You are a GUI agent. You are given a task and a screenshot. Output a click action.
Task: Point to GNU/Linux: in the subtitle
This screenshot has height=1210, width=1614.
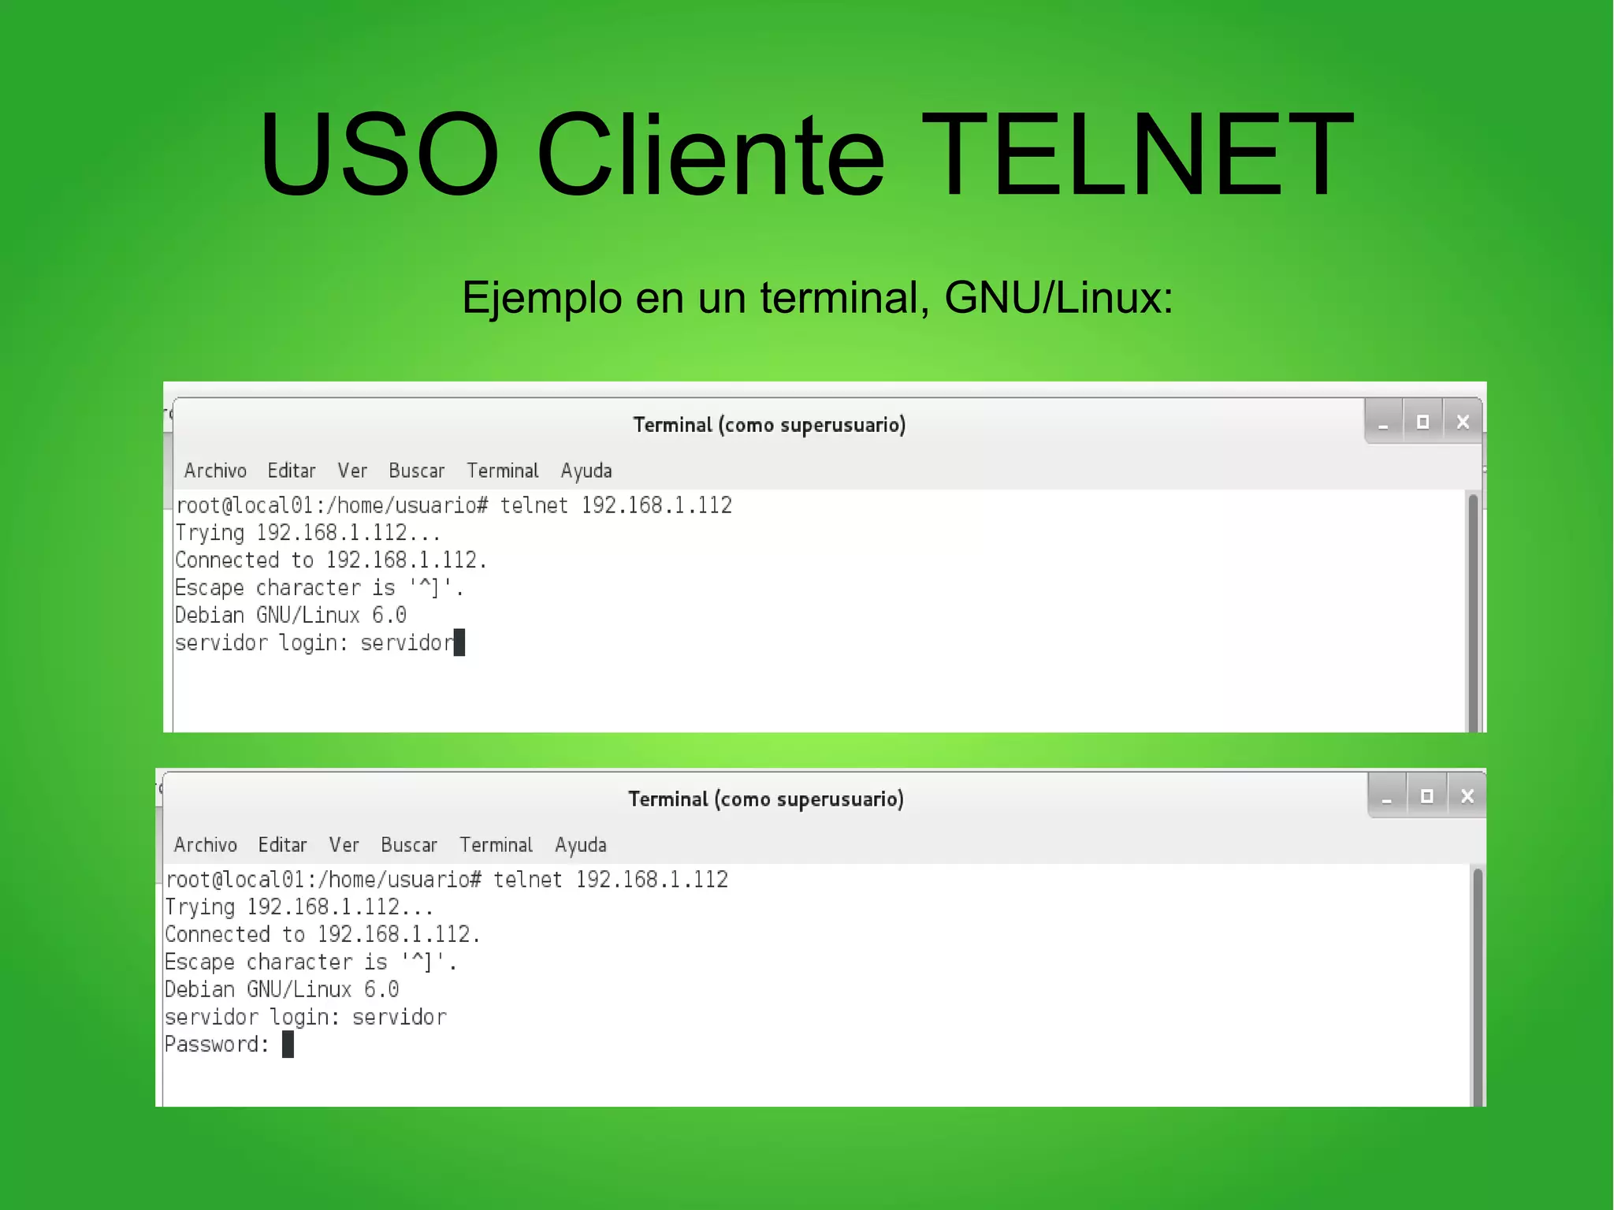1058,299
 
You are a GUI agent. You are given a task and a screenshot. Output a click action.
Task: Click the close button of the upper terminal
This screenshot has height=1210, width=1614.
1463,423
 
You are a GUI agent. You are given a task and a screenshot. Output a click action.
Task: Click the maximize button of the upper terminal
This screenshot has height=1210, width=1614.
1422,423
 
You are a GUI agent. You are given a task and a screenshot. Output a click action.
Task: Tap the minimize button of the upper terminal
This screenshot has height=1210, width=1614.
1383,423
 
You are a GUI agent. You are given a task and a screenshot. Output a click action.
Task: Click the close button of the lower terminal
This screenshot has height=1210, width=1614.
1467,796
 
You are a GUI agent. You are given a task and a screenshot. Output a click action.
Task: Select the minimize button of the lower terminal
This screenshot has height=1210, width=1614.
1387,797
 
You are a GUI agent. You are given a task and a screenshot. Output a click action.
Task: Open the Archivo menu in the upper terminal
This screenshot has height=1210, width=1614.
215,471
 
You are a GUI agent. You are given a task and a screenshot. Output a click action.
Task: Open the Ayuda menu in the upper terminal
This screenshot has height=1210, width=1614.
586,471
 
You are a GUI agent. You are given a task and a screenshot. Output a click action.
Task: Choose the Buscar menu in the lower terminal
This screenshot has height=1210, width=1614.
408,845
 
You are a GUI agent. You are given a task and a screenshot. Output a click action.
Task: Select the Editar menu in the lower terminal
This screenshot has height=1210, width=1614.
282,845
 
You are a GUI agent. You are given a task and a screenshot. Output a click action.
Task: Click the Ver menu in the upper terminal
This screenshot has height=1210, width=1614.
351,471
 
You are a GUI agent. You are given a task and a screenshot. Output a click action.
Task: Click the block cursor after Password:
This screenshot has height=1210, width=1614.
288,1044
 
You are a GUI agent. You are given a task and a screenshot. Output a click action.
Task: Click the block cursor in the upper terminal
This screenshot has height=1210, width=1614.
459,642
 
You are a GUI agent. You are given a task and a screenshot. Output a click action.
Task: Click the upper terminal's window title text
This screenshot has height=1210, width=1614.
769,426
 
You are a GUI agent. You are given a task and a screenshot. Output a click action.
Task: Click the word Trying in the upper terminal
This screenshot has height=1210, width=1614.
210,534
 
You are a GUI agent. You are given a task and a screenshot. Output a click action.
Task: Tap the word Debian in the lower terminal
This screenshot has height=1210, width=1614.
199,989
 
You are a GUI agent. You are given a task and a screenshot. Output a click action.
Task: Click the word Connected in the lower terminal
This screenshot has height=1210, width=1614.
218,935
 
